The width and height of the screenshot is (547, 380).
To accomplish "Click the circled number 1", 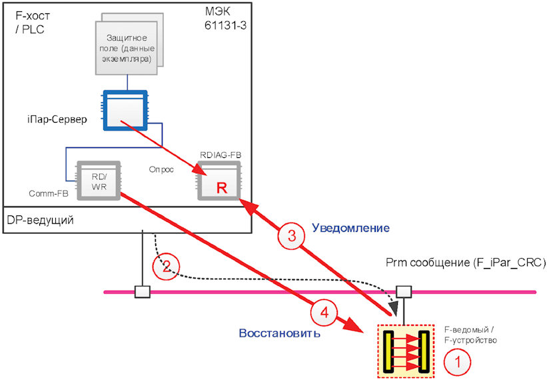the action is (457, 362).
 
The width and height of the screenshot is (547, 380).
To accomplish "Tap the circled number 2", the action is (166, 267).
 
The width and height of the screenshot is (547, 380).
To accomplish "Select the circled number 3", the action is (291, 236).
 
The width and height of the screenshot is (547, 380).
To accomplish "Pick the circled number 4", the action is (324, 312).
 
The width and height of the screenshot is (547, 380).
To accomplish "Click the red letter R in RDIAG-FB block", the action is (221, 188).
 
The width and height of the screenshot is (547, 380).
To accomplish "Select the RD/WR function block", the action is (99, 181).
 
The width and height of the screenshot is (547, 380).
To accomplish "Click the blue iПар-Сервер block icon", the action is (125, 110).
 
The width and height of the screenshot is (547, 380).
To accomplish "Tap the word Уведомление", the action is (350, 228).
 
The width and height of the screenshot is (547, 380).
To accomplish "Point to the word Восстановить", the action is (279, 333).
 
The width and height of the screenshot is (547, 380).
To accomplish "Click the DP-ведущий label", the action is (40, 220).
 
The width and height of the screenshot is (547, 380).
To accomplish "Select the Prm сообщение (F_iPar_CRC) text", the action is (466, 263).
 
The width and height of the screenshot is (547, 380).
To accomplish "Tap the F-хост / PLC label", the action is (33, 22).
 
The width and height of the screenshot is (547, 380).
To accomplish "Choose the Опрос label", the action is (161, 169).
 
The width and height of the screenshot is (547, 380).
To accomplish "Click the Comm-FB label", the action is (49, 193).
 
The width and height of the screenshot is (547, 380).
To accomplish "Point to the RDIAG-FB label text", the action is (221, 155).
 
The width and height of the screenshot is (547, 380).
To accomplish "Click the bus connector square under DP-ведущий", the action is (143, 292).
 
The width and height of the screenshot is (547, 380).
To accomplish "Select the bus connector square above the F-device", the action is (404, 292).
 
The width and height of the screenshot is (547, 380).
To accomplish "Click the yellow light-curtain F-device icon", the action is (406, 351).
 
